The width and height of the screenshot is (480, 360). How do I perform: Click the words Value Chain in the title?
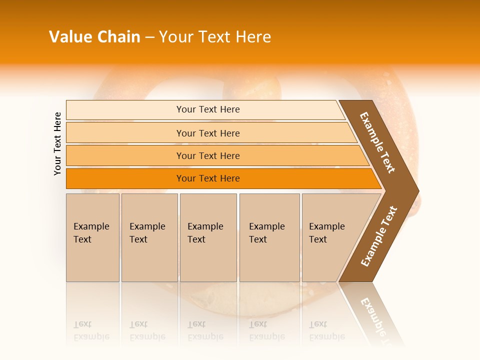(x=94, y=36)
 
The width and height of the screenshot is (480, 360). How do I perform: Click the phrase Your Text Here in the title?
(x=215, y=36)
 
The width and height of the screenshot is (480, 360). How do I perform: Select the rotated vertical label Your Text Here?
(x=57, y=143)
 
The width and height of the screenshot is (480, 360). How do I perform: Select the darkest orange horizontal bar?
(x=125, y=178)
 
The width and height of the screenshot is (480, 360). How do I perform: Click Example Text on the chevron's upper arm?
(x=377, y=142)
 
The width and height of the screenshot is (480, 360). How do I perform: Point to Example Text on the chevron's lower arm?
(x=379, y=236)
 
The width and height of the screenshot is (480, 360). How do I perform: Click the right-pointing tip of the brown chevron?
(x=412, y=191)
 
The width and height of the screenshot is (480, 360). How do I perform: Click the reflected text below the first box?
(x=91, y=331)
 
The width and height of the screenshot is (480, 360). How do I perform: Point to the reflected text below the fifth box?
(x=326, y=331)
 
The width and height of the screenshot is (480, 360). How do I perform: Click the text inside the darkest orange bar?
(x=208, y=178)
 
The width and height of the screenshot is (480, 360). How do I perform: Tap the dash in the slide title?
(x=149, y=37)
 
